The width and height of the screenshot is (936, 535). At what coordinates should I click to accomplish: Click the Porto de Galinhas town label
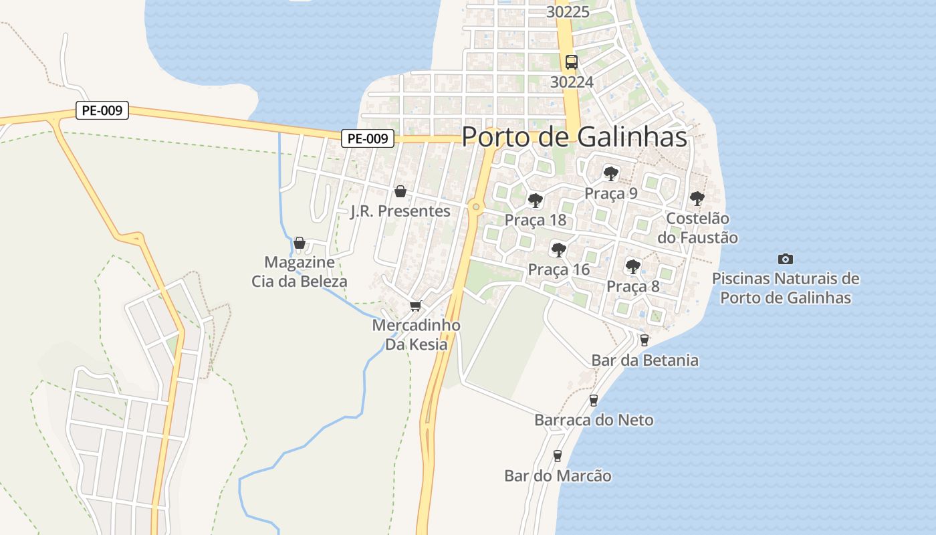pyautogui.click(x=574, y=137)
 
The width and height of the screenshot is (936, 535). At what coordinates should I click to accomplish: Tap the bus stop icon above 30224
pyautogui.click(x=571, y=62)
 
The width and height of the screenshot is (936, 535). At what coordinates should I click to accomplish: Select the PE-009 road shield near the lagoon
pyautogui.click(x=368, y=138)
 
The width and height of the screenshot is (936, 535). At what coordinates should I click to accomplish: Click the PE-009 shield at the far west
pyautogui.click(x=102, y=110)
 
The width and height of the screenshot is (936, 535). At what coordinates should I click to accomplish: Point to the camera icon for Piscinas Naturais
pyautogui.click(x=786, y=259)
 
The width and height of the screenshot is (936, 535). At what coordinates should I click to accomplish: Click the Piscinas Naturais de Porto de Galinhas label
pyautogui.click(x=786, y=288)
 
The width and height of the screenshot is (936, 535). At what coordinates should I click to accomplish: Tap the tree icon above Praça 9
pyautogui.click(x=610, y=174)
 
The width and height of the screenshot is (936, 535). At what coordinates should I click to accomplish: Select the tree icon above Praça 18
pyautogui.click(x=535, y=200)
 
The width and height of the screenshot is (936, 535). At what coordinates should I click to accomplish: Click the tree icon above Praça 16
pyautogui.click(x=558, y=250)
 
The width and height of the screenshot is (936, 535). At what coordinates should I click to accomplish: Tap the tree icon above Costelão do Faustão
pyautogui.click(x=697, y=198)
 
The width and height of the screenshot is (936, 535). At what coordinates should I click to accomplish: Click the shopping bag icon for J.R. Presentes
pyautogui.click(x=400, y=192)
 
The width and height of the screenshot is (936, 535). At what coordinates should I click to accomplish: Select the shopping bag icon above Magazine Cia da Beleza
pyautogui.click(x=300, y=243)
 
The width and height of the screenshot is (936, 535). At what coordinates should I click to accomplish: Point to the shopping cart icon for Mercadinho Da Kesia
pyautogui.click(x=416, y=306)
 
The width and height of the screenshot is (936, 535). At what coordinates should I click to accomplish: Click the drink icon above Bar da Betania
pyautogui.click(x=645, y=340)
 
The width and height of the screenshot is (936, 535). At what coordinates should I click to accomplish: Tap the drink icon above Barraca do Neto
pyautogui.click(x=593, y=401)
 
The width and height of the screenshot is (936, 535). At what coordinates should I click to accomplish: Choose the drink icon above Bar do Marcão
pyautogui.click(x=558, y=456)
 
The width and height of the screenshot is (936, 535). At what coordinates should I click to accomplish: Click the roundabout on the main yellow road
pyautogui.click(x=476, y=207)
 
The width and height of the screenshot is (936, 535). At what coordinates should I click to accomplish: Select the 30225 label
pyautogui.click(x=568, y=11)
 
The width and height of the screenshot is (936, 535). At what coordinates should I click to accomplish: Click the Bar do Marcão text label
pyautogui.click(x=558, y=476)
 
